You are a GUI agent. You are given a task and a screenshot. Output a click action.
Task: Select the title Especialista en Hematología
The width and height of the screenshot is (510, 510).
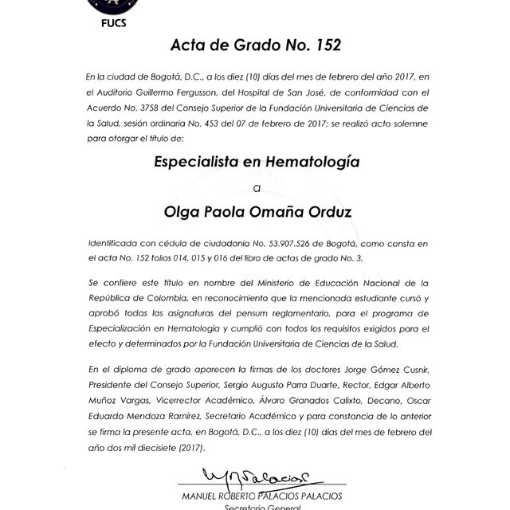click(x=256, y=162)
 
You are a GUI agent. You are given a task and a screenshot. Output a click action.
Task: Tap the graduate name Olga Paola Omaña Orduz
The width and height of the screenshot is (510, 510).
click(x=256, y=213)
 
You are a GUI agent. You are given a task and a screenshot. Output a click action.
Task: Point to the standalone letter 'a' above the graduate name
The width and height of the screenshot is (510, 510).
click(x=256, y=188)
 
